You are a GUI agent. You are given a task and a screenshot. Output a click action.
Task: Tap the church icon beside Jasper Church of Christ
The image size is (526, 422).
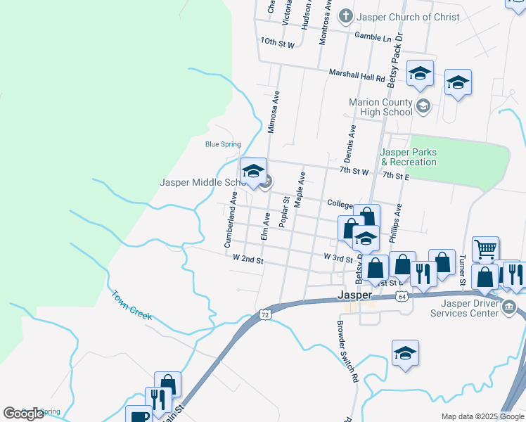[x=345, y=15]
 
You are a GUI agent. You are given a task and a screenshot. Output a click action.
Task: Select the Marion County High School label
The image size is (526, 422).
[x=380, y=107]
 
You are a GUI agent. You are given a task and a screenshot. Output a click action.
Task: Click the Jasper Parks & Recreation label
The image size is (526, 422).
[x=408, y=157]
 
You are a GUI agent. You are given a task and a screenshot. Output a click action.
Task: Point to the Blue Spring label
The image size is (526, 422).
[x=222, y=145]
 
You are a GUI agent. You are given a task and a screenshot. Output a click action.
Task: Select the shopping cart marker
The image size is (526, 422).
[x=485, y=248]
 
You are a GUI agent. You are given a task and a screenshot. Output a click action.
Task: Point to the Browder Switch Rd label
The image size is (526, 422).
[x=347, y=352]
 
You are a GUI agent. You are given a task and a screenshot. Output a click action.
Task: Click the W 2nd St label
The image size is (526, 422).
[x=248, y=260]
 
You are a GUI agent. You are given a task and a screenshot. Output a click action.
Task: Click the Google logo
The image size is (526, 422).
[x=23, y=414]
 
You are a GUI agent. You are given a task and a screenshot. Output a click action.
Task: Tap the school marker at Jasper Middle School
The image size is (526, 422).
[x=253, y=171]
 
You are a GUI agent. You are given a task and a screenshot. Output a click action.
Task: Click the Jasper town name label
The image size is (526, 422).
[x=354, y=295]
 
